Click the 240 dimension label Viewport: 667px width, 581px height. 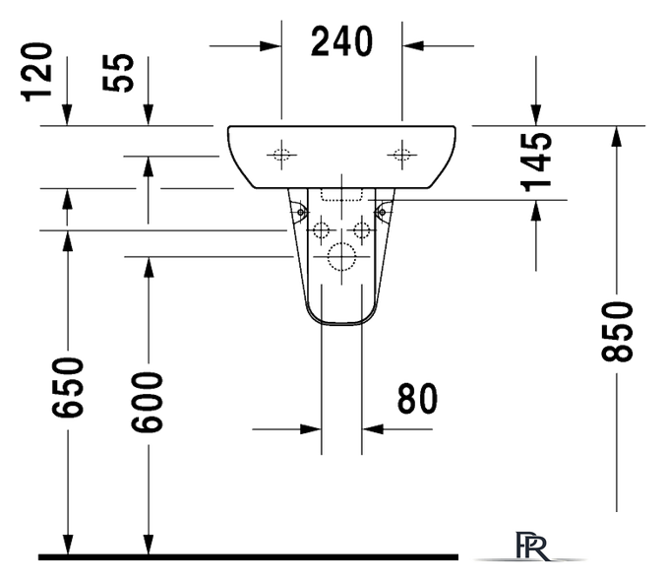pos(341,41)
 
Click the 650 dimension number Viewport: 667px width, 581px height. pos(68,389)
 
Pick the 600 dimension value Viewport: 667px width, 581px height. pos(148,402)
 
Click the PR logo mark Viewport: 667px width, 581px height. pos(530,546)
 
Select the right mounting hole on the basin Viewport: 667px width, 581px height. pos(401,153)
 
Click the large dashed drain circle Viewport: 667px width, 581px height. pos(341,257)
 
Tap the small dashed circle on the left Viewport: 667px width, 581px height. pos(321,231)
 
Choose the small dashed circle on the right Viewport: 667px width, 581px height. pos(362,231)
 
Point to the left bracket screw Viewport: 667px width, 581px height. pos(299,209)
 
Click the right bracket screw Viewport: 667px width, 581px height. pos(384,209)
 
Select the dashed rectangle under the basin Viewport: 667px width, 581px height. pos(341,195)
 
